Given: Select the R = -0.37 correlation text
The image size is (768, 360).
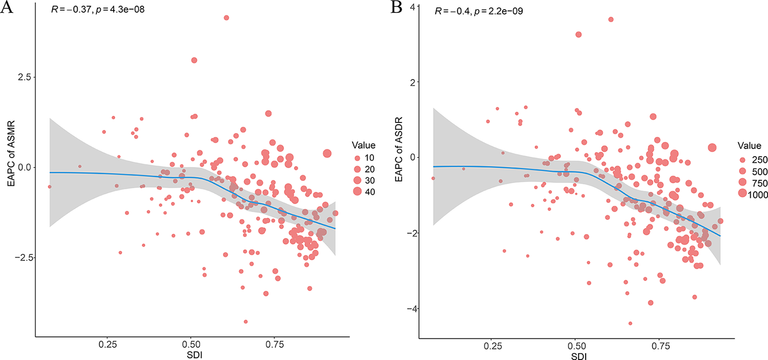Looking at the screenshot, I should pos(97,10).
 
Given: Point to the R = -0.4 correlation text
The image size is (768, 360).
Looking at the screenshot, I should pos(479,11).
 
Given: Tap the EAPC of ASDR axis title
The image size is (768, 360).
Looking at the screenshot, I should pos(398,149).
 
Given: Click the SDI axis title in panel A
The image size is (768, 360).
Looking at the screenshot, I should pos(194,356).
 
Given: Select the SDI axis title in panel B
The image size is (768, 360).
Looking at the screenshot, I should pos(578,356).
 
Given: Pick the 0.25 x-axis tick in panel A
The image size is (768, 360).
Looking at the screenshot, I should pos(108,345).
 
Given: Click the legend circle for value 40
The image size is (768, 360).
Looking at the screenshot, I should pos(357,192).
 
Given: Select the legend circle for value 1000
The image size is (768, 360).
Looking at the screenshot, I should pos(743,193).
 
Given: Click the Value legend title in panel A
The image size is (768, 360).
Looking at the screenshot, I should pos(363,145).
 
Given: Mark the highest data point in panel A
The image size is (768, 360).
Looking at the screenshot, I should pos(227,18).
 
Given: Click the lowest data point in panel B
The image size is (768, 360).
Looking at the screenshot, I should pos(630,324).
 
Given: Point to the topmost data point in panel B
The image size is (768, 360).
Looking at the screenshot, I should pos(611,20).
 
